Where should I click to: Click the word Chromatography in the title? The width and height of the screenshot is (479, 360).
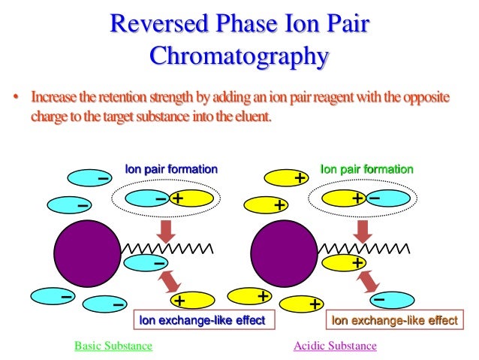click(x=239, y=56)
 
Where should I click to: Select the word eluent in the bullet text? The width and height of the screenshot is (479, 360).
click(x=250, y=116)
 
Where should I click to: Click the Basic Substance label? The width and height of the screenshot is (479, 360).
click(x=113, y=346)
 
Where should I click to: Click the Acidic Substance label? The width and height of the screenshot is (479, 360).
click(x=335, y=346)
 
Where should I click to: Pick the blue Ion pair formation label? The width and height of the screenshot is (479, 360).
click(x=171, y=170)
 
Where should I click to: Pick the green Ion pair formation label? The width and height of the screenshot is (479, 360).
click(x=366, y=170)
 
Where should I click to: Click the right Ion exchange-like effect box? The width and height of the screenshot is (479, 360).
click(x=395, y=321)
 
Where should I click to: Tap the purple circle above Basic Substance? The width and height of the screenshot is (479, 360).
click(x=86, y=252)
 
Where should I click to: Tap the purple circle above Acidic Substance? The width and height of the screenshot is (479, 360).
click(x=284, y=252)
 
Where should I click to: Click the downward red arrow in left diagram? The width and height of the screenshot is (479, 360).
click(x=167, y=228)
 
